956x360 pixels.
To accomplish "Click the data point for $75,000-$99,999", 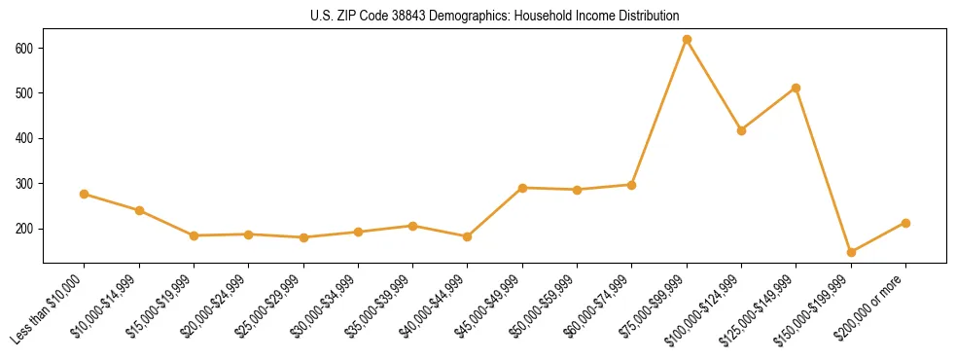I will [687, 40].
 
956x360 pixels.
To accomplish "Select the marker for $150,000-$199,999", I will [851, 252].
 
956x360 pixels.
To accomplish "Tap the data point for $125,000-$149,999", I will [797, 88].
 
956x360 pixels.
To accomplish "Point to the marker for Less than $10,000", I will [85, 194].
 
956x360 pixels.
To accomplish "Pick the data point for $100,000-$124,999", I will [741, 130].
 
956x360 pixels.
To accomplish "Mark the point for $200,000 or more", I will [905, 223].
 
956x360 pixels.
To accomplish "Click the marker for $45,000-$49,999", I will [522, 188].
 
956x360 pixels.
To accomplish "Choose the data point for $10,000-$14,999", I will [139, 210].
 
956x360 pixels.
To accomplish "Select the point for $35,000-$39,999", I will [413, 226].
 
